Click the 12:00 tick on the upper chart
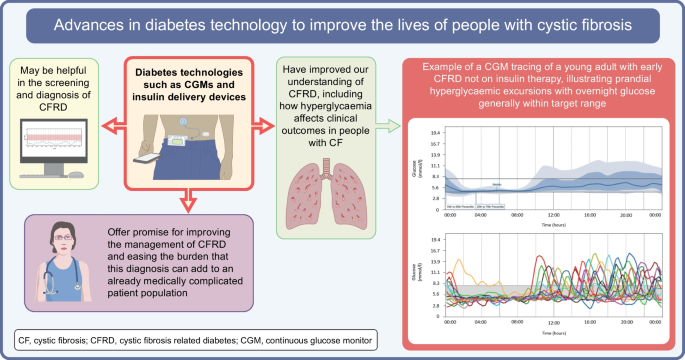coord(554,214)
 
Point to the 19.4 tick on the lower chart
coord(436,242)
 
